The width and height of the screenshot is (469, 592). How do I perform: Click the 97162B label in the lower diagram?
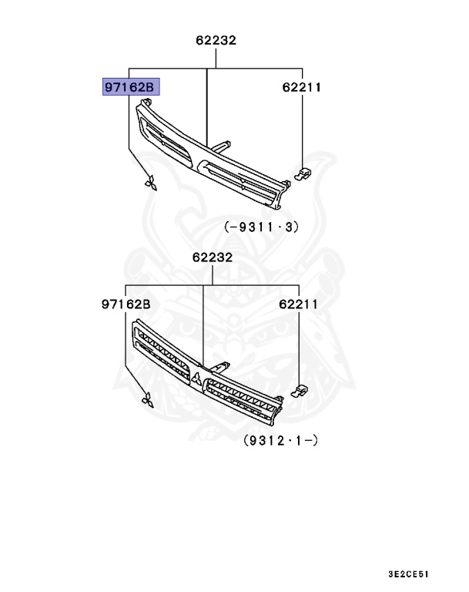126,304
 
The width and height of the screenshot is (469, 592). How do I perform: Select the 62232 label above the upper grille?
216,40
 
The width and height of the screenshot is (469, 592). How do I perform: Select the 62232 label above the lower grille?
213,257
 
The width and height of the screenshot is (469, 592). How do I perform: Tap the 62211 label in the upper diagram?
301,87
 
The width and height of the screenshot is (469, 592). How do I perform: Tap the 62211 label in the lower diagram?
298,304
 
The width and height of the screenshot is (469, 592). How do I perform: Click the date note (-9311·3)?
262,227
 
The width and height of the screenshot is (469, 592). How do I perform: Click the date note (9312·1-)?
281,440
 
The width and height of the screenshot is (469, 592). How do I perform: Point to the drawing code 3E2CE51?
409,574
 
